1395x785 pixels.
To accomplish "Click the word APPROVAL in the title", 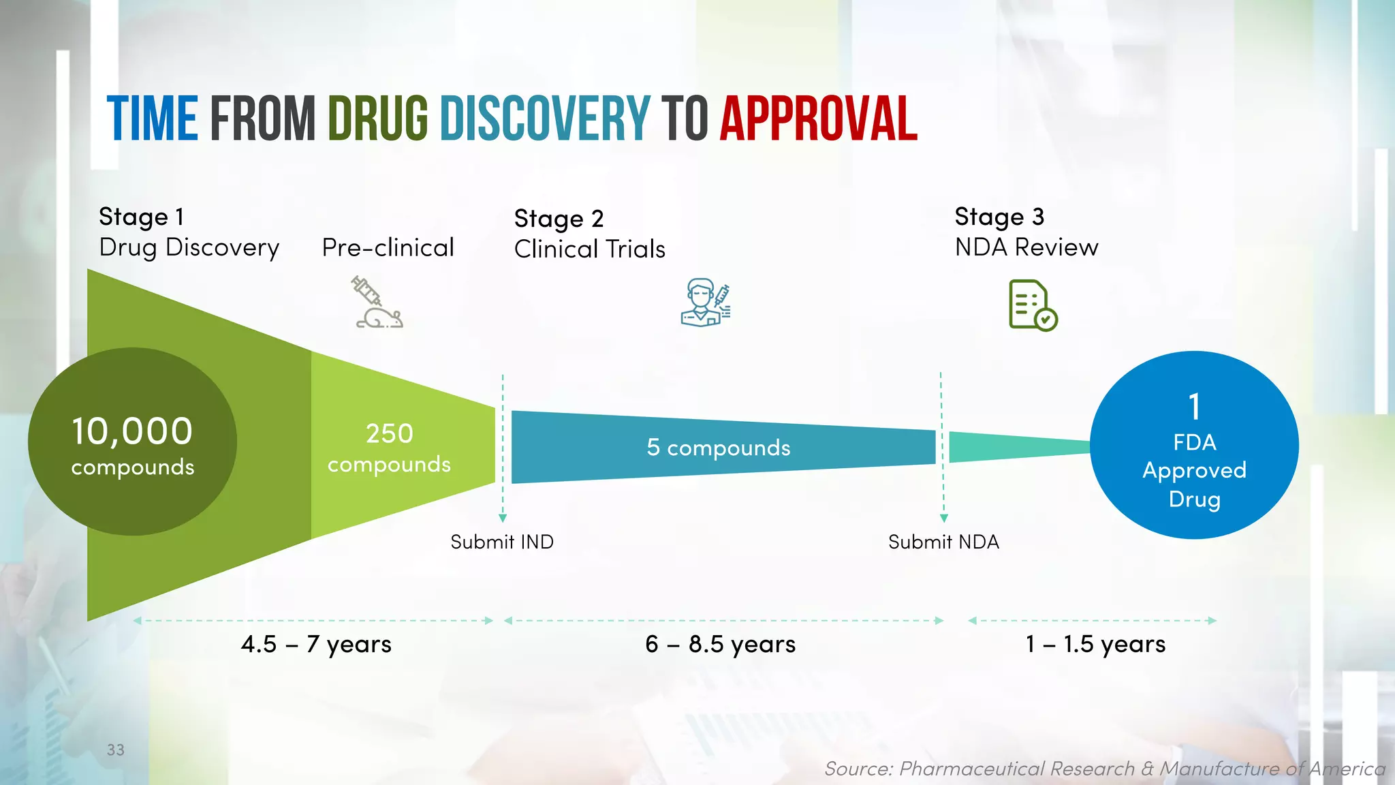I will (x=819, y=119).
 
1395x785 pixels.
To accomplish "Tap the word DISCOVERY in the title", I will (x=545, y=119).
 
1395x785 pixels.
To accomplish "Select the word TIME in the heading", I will (x=153, y=119).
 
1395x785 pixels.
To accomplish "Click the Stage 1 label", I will (x=142, y=217).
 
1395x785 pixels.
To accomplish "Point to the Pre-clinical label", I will (x=388, y=247).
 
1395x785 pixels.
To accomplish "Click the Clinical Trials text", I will (x=589, y=249).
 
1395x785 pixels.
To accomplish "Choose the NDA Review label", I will (x=1026, y=247).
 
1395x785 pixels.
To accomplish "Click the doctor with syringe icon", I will (x=706, y=303).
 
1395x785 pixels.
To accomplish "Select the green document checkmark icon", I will (x=1033, y=305).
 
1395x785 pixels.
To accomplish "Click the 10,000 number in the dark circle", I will (x=133, y=431).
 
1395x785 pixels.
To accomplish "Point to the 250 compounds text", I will (x=389, y=448).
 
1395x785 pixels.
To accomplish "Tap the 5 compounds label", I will (x=719, y=448).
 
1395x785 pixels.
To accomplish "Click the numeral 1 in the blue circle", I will (x=1194, y=407).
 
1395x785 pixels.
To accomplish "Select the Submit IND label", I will (x=502, y=542).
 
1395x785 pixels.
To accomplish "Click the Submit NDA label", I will (x=943, y=542).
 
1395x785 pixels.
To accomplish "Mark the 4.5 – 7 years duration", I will (x=316, y=644).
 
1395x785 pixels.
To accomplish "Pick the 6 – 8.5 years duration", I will (x=720, y=644).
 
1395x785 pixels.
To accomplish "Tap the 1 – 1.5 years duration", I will (x=1095, y=644).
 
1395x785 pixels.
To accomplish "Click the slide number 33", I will (x=116, y=750).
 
